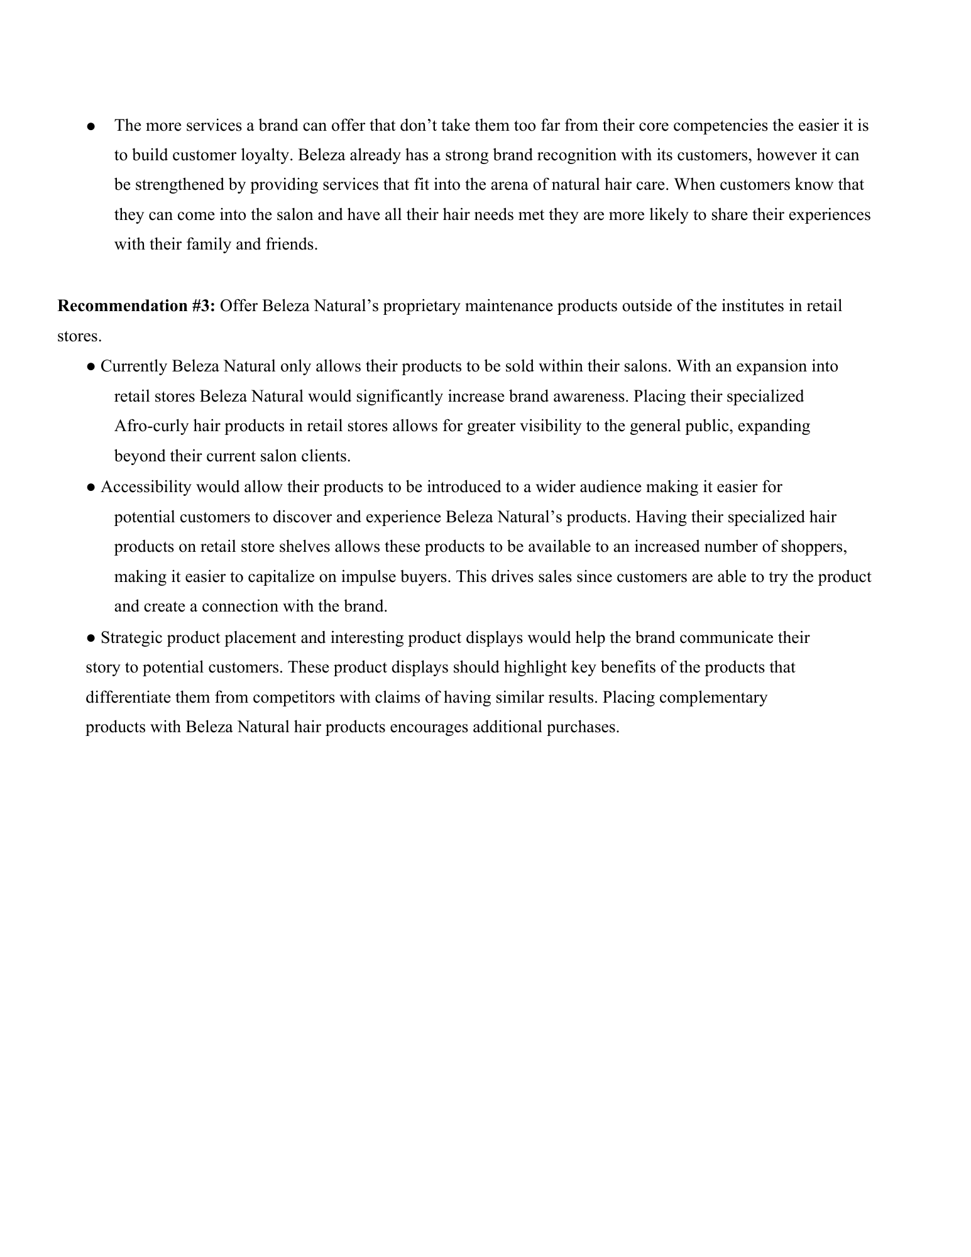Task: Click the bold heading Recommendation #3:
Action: [x=136, y=306]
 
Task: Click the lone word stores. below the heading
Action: [x=79, y=336]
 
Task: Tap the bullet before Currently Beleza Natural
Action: [x=91, y=366]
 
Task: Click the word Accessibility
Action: [x=146, y=487]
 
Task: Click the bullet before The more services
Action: [x=91, y=126]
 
